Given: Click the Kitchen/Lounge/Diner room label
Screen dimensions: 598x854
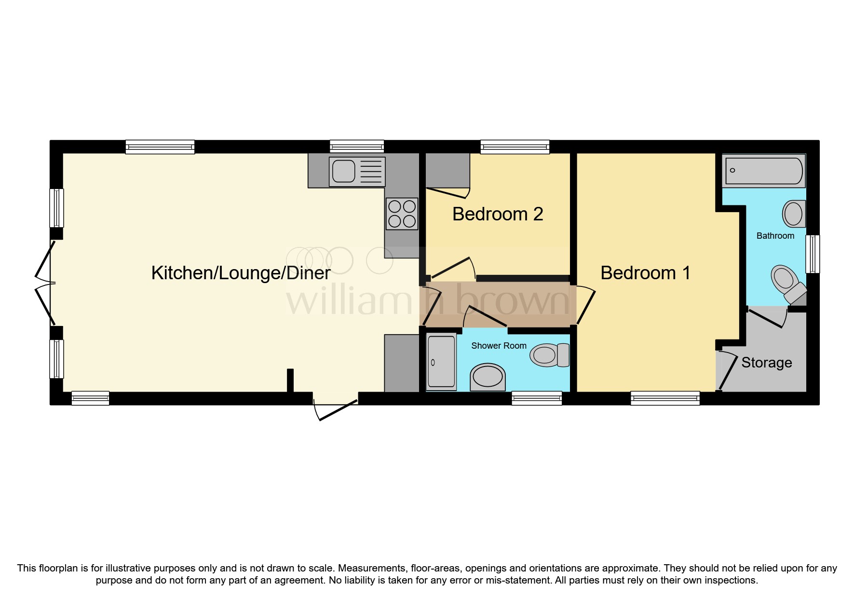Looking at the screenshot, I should (x=241, y=273).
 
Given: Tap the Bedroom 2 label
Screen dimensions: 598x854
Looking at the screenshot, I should (x=498, y=214).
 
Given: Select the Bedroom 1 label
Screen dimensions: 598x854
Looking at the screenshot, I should (x=645, y=273).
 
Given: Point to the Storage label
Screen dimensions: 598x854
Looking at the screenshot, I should (x=766, y=363).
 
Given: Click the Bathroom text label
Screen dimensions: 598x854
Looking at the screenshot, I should (x=775, y=236).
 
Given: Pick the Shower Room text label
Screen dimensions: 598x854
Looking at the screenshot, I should (x=499, y=346).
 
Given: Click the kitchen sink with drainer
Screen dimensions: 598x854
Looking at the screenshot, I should (x=357, y=172).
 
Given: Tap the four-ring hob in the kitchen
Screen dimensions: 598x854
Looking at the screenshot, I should (x=402, y=214).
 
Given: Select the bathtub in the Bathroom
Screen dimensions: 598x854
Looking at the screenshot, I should (x=764, y=171).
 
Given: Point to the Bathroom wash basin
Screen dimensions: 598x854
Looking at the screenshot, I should (x=793, y=214).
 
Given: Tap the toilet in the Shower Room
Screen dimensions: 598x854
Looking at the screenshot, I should (x=549, y=355).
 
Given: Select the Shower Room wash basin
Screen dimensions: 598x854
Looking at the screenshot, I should (x=488, y=377).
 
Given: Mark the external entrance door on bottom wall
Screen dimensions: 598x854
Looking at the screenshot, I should (x=336, y=408).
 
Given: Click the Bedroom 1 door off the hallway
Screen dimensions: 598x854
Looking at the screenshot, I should (x=585, y=304).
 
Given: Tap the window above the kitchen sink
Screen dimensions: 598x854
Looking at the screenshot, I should (x=357, y=146).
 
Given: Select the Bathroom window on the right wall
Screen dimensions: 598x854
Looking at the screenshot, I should (x=813, y=254).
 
